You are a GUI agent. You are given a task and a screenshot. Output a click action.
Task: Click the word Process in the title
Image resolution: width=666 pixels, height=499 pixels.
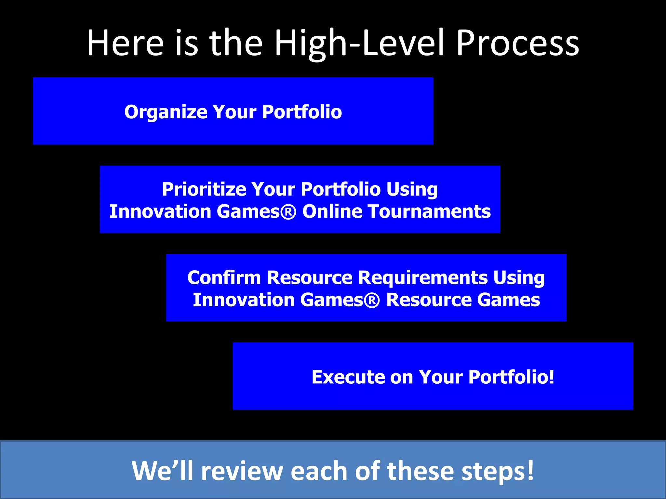(x=517, y=43)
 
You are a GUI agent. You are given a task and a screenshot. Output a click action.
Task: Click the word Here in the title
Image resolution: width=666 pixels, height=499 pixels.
(x=125, y=43)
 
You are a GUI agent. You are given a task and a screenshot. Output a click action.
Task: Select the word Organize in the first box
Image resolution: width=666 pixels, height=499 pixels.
(x=166, y=112)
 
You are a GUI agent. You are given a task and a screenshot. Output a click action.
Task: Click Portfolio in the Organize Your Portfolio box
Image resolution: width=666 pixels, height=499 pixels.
(x=302, y=112)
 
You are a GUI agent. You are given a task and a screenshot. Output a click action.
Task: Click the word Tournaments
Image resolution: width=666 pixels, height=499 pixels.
(x=429, y=211)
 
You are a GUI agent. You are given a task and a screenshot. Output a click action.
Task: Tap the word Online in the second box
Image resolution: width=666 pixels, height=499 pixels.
(x=332, y=211)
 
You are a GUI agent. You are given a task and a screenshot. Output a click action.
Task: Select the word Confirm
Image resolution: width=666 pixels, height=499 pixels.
(x=224, y=278)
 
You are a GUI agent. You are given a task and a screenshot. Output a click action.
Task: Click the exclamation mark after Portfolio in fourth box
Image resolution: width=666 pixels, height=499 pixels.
(x=551, y=377)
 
